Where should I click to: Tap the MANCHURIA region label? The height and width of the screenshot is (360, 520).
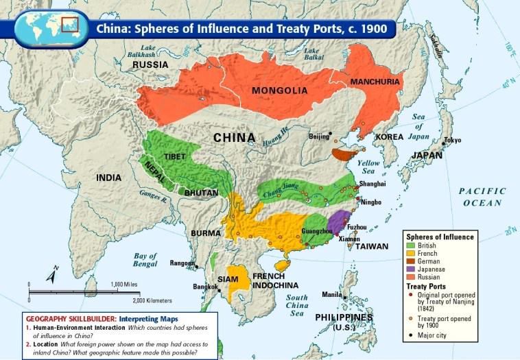point(375,82)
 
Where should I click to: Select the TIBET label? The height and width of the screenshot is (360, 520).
point(175,156)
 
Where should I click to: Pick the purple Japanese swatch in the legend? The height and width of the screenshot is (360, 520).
point(410,269)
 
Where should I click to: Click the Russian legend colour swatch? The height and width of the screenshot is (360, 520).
point(410,277)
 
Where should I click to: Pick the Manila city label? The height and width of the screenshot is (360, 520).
point(331,295)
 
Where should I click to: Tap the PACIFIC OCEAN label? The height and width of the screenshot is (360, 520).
point(482,197)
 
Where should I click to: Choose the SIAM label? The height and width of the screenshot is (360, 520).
point(228,279)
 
